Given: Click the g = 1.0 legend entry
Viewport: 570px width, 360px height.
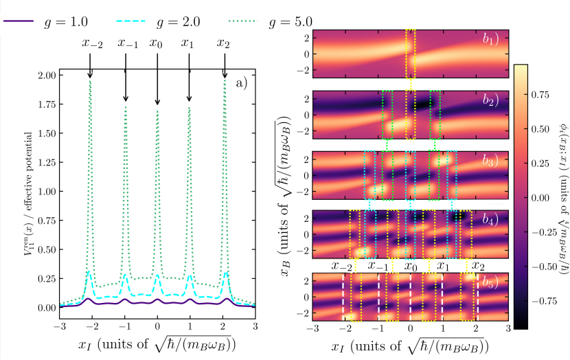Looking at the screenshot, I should tap(69, 21).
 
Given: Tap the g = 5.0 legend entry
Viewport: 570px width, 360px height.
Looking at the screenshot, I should tap(290, 21).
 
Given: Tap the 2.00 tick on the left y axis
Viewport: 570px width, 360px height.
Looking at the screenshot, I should tap(45, 74).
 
